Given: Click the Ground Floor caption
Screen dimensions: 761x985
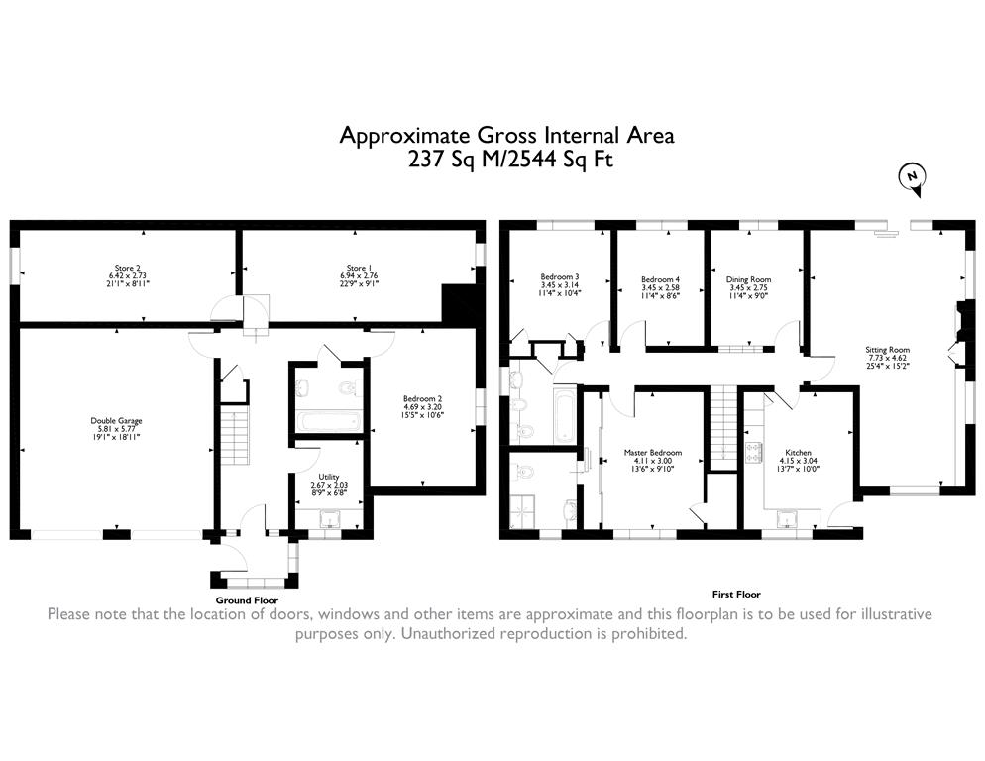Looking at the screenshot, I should (247, 600).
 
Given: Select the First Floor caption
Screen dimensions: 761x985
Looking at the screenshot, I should (736, 595).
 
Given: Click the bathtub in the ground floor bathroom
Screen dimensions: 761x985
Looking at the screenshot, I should (327, 422).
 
